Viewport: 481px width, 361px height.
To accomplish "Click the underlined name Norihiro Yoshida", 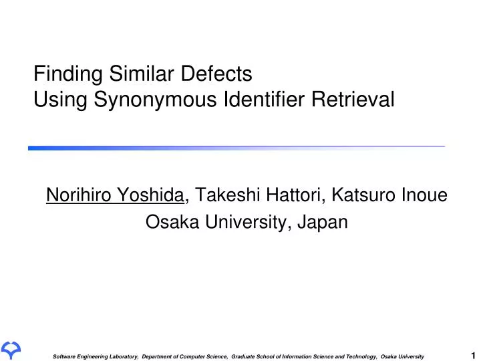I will tap(116, 195).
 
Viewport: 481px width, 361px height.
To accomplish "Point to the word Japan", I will tap(325, 222).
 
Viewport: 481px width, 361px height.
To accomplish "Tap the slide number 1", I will tap(472, 355).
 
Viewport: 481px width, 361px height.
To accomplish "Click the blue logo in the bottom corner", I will tap(11, 349).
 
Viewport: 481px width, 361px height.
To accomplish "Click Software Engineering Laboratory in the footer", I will tap(96, 356).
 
